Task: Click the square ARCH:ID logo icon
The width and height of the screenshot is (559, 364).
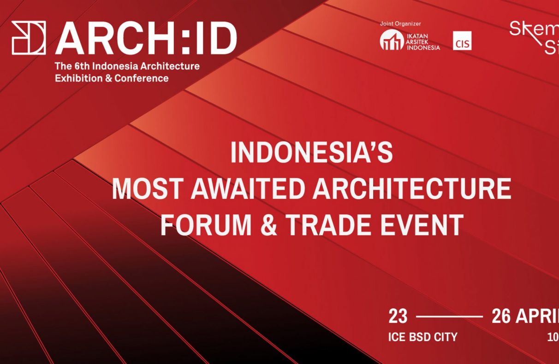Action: point(29,38)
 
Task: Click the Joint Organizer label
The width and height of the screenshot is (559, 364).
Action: point(400,23)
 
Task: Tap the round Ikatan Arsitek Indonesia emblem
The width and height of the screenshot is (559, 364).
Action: point(392,40)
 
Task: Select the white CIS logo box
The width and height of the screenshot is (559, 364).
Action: point(462,41)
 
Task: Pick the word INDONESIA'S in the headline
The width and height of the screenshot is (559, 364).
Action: point(311,153)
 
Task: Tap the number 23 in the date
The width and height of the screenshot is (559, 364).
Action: point(398,317)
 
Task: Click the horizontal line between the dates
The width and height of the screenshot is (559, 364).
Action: point(449,317)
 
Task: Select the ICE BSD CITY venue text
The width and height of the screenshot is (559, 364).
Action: point(422,337)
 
